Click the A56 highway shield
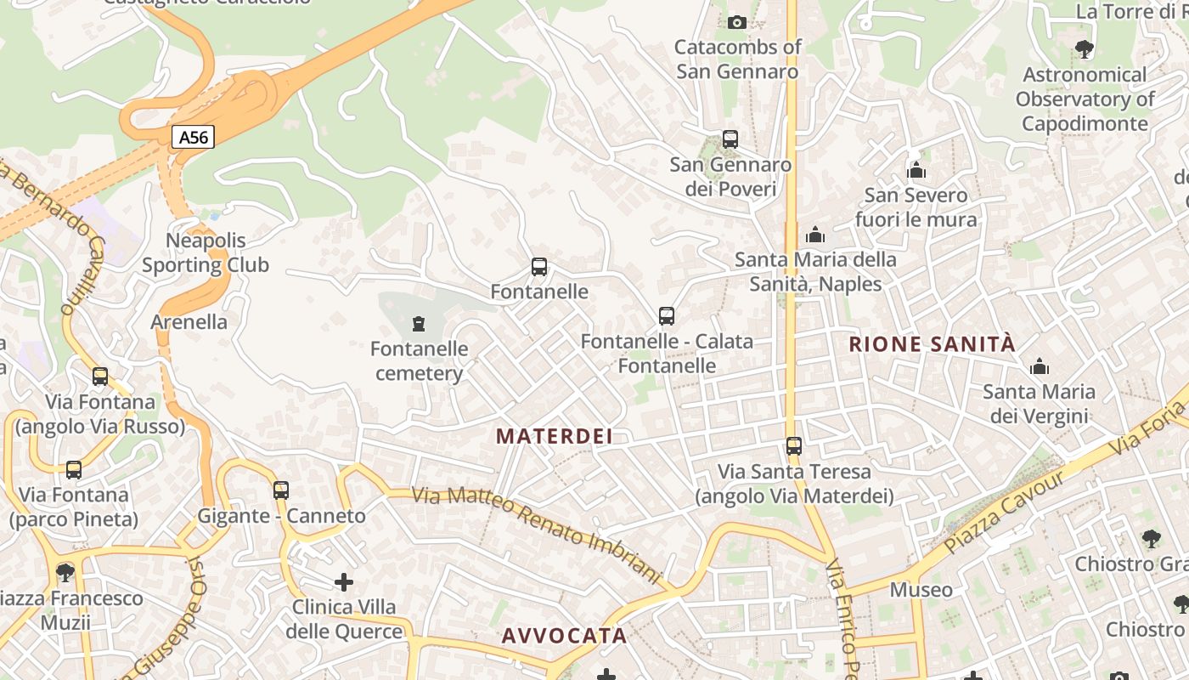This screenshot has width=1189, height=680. (x=193, y=137)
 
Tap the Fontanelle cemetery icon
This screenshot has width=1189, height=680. (x=418, y=324)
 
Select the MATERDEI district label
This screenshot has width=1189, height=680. (x=555, y=436)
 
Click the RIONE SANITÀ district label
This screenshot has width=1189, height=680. (x=933, y=344)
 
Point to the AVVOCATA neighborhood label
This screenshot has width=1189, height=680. (x=564, y=636)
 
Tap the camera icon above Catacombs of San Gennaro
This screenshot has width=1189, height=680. (x=737, y=22)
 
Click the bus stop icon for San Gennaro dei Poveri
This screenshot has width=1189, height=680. (x=730, y=139)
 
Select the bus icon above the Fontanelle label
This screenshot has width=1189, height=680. (x=539, y=267)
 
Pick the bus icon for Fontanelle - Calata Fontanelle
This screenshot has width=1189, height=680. (x=667, y=316)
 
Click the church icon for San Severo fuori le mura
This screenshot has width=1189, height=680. (x=916, y=171)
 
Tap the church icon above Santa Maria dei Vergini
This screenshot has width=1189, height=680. (x=1039, y=367)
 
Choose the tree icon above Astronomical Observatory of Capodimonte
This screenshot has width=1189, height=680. (x=1084, y=49)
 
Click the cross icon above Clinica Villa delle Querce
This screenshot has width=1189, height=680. (x=344, y=582)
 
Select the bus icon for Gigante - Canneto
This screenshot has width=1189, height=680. (x=281, y=490)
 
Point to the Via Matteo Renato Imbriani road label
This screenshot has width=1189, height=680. (x=535, y=535)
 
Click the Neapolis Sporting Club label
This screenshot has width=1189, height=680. (x=206, y=253)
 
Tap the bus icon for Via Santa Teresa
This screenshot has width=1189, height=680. (x=794, y=446)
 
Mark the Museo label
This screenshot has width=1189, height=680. (x=921, y=589)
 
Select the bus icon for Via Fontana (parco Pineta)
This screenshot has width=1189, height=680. (x=74, y=469)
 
